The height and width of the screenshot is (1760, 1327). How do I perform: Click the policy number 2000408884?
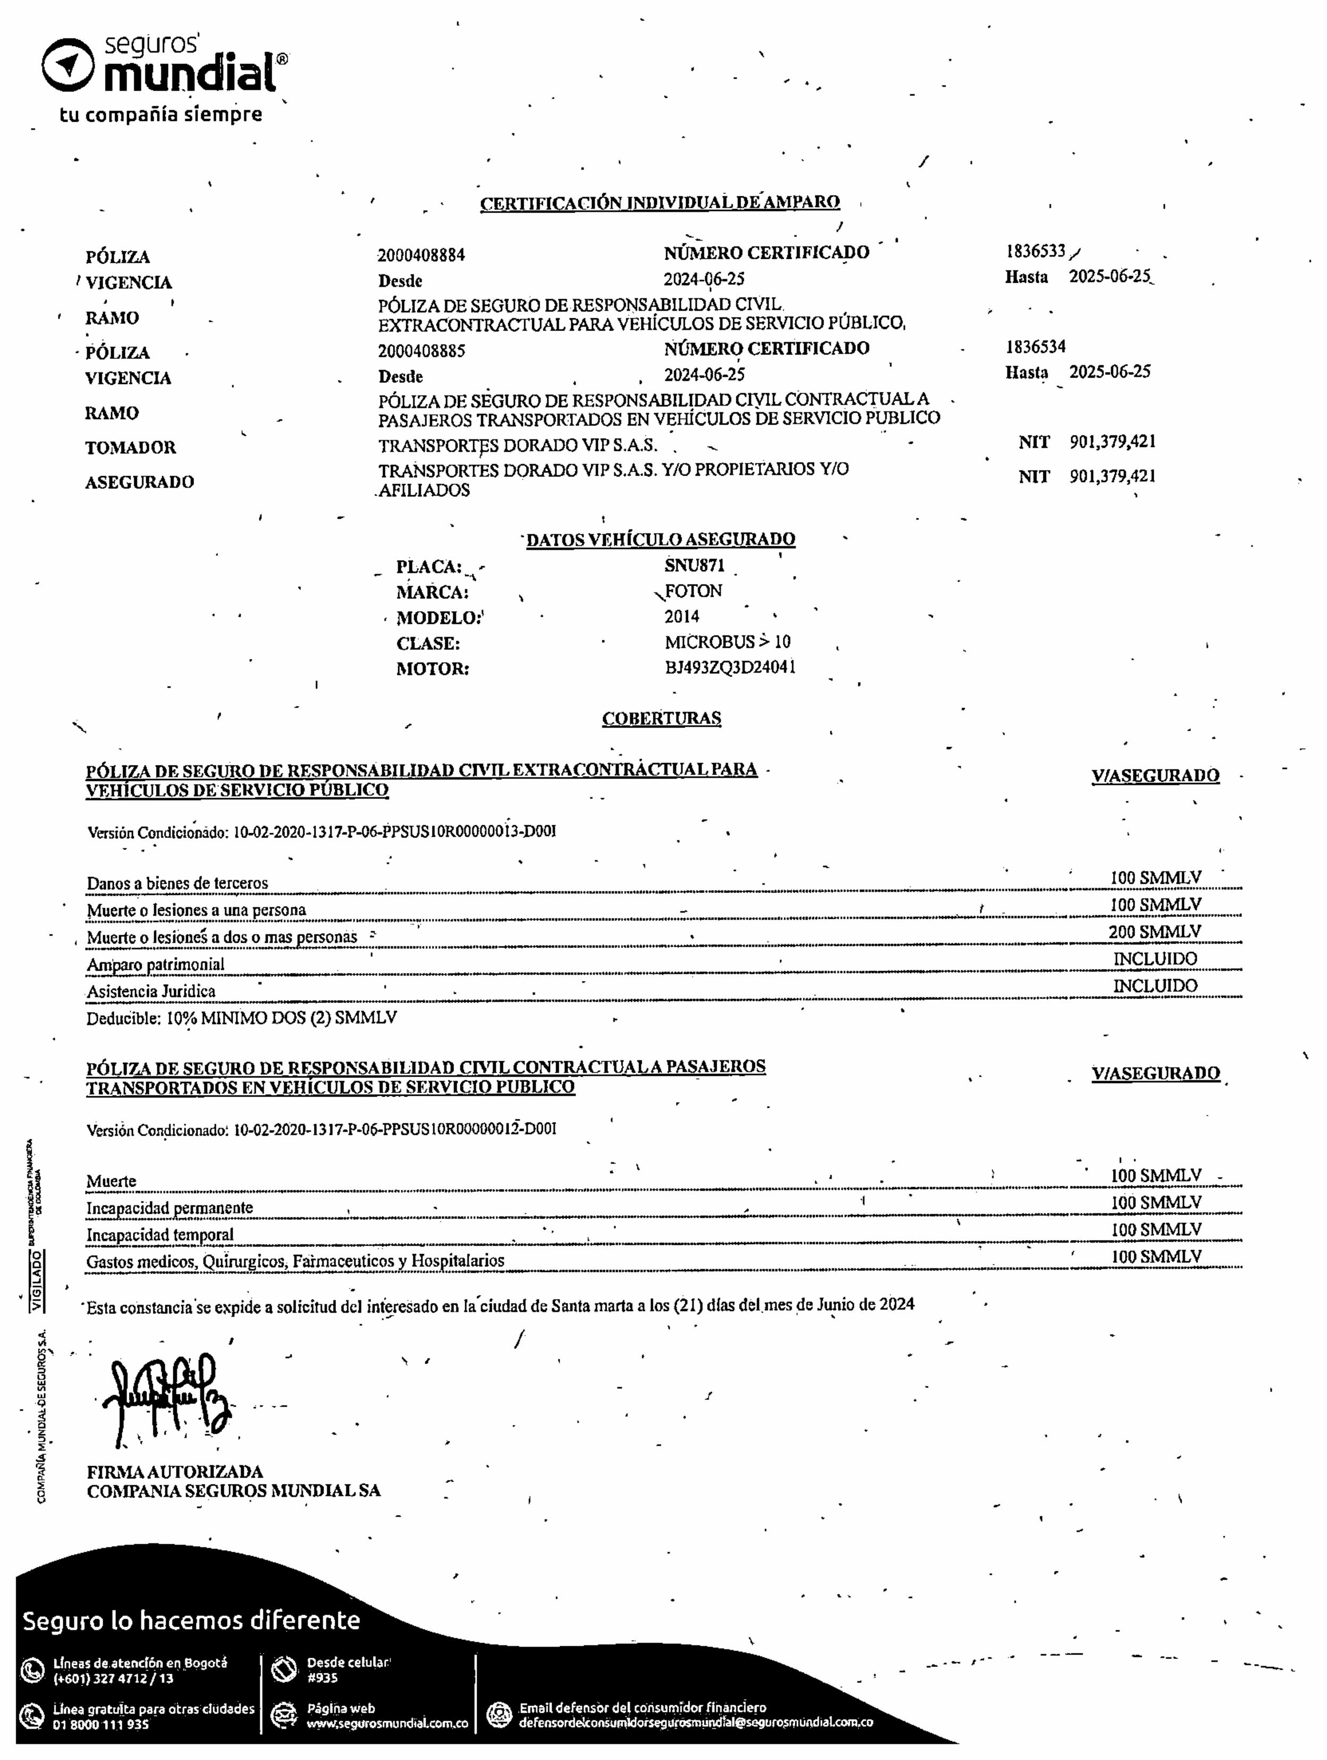click(421, 256)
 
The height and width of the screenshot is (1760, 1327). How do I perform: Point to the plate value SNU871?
click(694, 566)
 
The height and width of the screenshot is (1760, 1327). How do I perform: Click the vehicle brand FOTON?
click(693, 591)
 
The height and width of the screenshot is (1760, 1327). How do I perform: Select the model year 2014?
click(682, 616)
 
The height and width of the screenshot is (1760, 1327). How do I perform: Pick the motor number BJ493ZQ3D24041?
click(730, 667)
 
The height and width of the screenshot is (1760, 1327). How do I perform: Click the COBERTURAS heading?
click(661, 718)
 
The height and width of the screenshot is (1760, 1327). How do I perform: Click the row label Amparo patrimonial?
click(155, 964)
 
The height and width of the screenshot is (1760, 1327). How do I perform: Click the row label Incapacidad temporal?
click(160, 1235)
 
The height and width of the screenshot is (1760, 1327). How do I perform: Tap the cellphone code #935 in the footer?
click(322, 1677)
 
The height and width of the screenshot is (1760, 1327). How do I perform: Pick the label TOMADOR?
click(131, 447)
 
